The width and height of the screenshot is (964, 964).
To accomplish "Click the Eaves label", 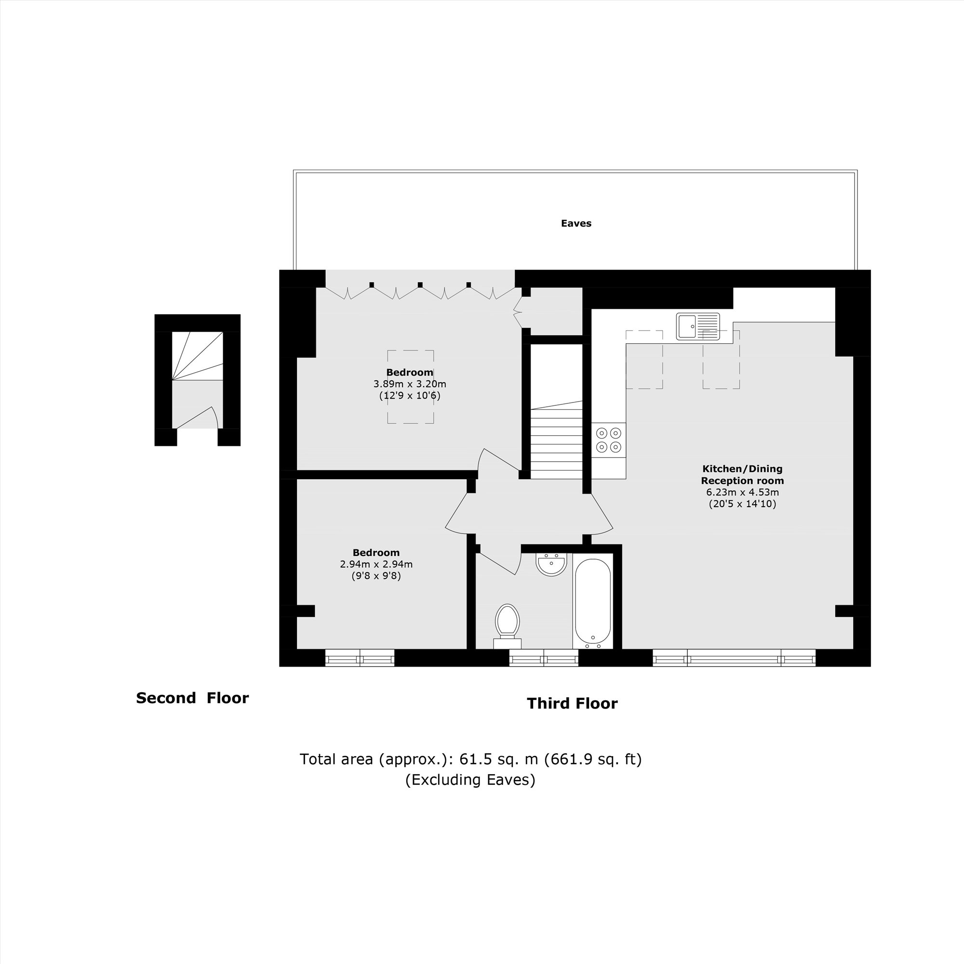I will [x=576, y=224].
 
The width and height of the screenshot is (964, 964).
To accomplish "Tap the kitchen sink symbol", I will [x=697, y=326].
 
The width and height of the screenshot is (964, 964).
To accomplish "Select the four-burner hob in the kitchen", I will [x=609, y=440].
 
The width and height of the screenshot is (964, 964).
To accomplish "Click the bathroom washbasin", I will [x=551, y=564].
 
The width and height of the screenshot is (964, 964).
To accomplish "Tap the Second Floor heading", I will [x=192, y=698].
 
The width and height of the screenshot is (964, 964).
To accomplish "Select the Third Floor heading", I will [x=572, y=704].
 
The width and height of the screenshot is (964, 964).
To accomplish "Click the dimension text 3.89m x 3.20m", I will [x=410, y=384].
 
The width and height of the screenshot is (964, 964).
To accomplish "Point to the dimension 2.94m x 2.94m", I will [x=376, y=564].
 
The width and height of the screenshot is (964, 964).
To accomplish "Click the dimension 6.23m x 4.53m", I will [x=742, y=493].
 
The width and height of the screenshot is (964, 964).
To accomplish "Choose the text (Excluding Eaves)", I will [x=470, y=779].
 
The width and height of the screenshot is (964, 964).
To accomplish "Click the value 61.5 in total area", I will [x=472, y=759].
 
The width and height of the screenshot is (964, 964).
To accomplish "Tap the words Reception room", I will [x=742, y=481].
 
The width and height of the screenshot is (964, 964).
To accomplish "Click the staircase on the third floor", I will [x=556, y=439].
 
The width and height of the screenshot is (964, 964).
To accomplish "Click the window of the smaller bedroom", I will [x=359, y=657].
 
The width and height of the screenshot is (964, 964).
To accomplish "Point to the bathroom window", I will [x=543, y=657].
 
